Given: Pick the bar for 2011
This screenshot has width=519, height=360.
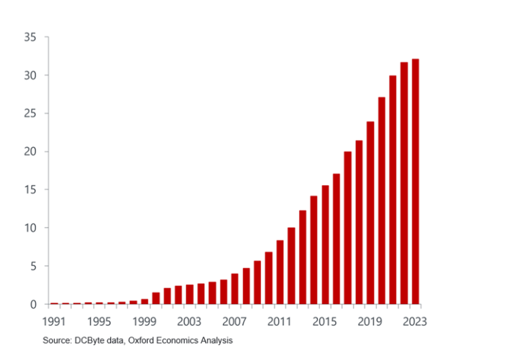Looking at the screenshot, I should tap(280, 272).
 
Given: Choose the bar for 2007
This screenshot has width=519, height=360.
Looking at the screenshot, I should tap(235, 289).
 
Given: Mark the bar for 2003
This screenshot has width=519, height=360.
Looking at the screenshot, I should tap(190, 294).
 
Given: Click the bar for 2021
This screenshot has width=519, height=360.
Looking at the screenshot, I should tap(393, 190).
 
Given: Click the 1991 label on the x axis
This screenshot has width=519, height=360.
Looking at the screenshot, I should tap(54, 322).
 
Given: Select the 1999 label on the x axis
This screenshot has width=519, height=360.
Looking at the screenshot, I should tap(145, 322).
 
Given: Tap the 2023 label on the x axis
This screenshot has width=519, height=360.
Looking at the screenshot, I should tap(415, 322).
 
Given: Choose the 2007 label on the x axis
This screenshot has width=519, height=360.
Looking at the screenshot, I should tap(235, 322).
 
